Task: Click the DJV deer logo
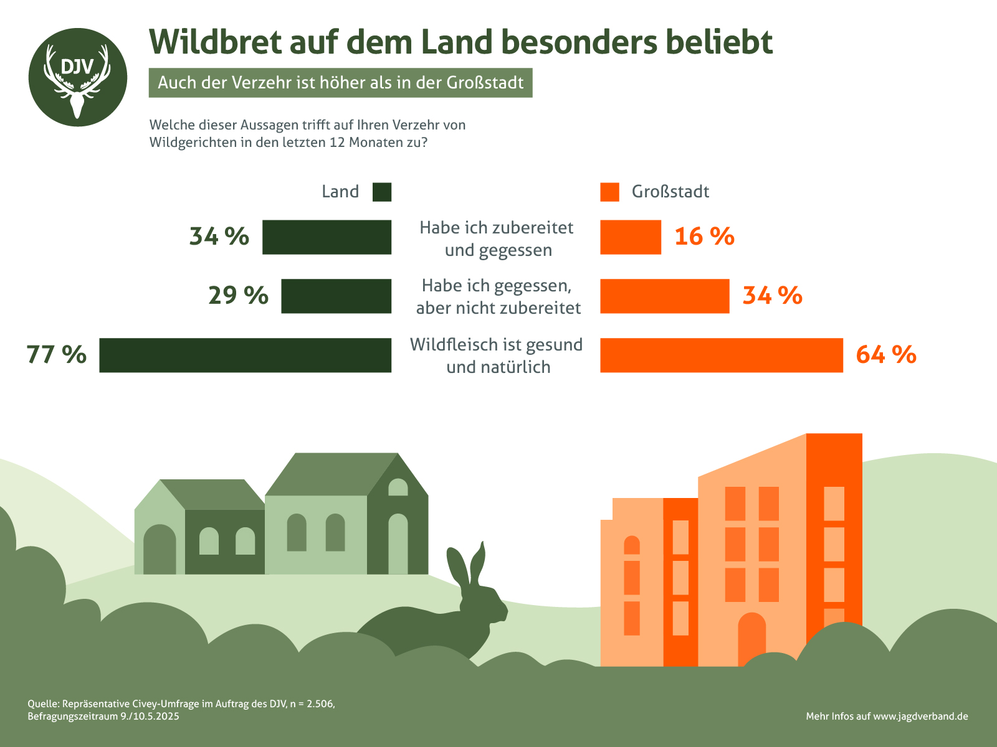pos(77,77)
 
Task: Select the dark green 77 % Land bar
pos(245,355)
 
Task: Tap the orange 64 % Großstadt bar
pos(721,355)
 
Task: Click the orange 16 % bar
pos(630,237)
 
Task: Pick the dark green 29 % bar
pos(336,296)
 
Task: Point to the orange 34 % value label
pos(772,296)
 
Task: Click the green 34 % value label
pos(219,237)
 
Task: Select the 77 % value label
pos(56,355)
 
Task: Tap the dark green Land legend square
pos(381,192)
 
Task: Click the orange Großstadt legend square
pos(609,192)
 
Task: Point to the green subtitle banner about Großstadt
pos(340,83)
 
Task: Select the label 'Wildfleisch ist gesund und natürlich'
pos(497,355)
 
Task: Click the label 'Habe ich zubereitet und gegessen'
pos(497,238)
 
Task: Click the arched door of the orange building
pos(751,638)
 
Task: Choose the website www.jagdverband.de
pos(920,716)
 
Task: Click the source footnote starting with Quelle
pos(181,710)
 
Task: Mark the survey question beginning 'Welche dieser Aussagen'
pos(307,133)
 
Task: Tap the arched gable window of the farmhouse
pos(398,487)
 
